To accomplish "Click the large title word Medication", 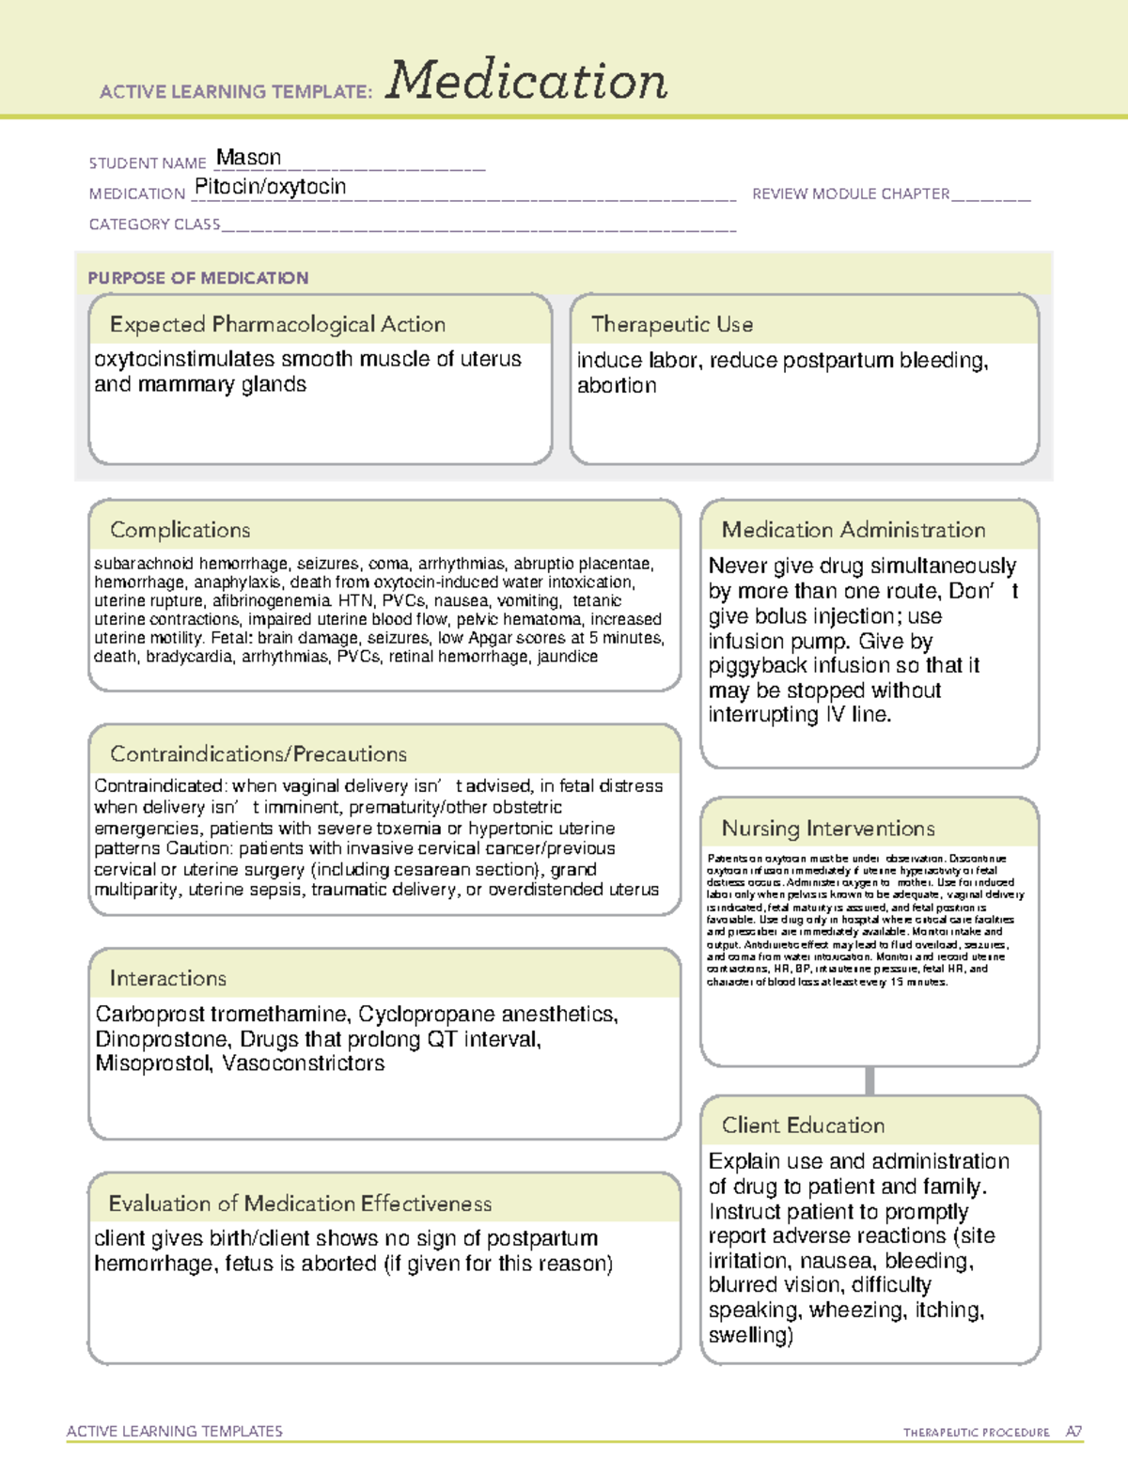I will tap(526, 81).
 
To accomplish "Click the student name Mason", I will tap(248, 158).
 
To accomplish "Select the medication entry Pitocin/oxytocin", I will tap(270, 187).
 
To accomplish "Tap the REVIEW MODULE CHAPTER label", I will tap(850, 194).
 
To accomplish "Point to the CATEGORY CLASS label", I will tap(154, 225).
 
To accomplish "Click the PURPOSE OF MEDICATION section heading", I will tap(197, 278).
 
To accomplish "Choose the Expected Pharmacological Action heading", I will tap(277, 324).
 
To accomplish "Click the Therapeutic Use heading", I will tap(671, 324).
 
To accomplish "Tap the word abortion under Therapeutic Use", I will tap(617, 385).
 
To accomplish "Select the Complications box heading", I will tap(180, 530).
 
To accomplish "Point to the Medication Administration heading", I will tap(853, 530).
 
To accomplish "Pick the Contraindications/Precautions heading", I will tap(258, 754).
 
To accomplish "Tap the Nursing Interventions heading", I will tap(827, 829).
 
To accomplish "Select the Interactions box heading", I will tap(167, 979).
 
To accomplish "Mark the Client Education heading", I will tap(803, 1125).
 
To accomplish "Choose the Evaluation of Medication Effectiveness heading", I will tap(300, 1203).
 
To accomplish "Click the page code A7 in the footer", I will tap(1073, 1432).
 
